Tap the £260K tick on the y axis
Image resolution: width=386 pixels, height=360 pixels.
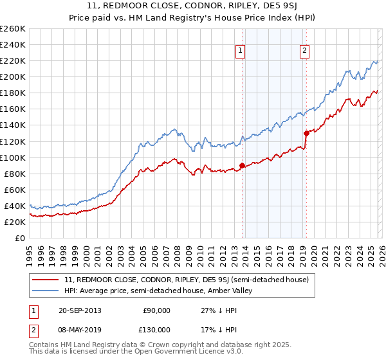12,29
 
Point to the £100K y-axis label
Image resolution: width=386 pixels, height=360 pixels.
12,157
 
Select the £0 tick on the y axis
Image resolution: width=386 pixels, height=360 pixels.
20,238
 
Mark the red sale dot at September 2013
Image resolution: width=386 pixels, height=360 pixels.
242,165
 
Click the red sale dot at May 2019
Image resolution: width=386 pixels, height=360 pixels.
306,133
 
